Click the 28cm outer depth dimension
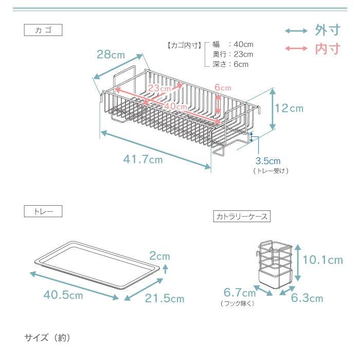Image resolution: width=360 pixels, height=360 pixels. click(x=111, y=55)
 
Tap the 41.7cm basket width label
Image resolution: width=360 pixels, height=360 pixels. click(x=143, y=159)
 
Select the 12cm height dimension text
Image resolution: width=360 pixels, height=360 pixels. click(x=289, y=109)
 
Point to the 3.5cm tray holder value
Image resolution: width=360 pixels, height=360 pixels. click(x=268, y=161)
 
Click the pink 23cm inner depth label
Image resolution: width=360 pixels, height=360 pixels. click(x=159, y=88)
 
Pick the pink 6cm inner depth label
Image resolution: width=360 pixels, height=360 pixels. click(x=223, y=87)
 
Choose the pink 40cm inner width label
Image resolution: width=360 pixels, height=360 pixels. click(x=175, y=106)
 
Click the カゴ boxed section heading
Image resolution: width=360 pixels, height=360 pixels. click(x=43, y=30)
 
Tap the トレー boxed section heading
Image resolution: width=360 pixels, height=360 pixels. click(x=43, y=211)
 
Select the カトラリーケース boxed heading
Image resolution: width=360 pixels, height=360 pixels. click(x=242, y=217)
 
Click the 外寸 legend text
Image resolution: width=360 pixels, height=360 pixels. click(x=328, y=30)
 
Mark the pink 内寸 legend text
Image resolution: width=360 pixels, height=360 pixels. click(x=328, y=49)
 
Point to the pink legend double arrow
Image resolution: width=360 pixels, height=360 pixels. click(x=296, y=48)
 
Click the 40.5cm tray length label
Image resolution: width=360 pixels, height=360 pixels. click(x=63, y=295)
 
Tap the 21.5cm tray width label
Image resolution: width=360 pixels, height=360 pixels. click(x=165, y=298)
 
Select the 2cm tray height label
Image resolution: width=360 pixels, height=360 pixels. click(x=159, y=256)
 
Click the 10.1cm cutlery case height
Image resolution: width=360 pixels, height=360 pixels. click(x=323, y=260)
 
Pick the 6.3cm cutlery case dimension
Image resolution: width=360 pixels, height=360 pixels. click(x=307, y=298)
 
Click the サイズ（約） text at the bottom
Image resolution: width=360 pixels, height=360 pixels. click(x=47, y=338)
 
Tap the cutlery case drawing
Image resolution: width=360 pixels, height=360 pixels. click(x=275, y=264)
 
